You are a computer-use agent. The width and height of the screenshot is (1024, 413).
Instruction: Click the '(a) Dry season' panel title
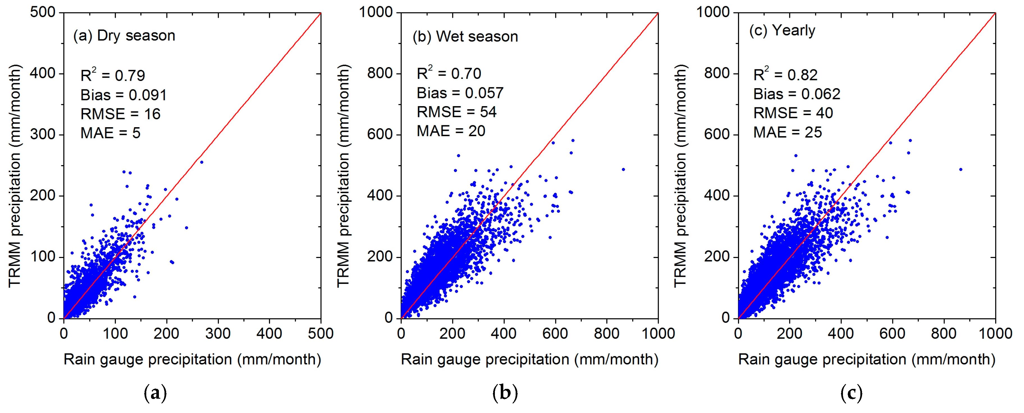tap(124, 36)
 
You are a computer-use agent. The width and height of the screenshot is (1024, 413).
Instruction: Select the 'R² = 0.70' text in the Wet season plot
tap(449, 74)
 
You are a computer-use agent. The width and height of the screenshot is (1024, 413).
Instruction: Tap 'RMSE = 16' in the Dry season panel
tap(120, 114)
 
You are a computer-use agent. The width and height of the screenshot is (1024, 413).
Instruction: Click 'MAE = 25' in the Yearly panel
tap(787, 132)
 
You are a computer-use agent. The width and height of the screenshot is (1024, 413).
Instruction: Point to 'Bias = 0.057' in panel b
tap(460, 93)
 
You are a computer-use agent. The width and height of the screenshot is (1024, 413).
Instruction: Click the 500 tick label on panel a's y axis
tap(43, 12)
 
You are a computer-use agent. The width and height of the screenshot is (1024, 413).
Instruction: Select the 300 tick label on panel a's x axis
tap(218, 333)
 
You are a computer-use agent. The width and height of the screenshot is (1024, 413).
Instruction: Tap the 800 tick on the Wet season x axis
tap(607, 333)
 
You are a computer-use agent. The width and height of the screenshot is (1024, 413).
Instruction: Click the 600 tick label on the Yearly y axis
tap(717, 134)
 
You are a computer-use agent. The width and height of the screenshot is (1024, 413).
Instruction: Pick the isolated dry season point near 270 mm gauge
tap(202, 162)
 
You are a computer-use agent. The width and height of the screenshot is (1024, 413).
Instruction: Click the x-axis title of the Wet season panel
tap(529, 359)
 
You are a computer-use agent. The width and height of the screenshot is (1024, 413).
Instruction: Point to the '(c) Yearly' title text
tap(782, 31)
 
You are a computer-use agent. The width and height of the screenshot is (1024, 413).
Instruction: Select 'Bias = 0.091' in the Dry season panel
tap(123, 95)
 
